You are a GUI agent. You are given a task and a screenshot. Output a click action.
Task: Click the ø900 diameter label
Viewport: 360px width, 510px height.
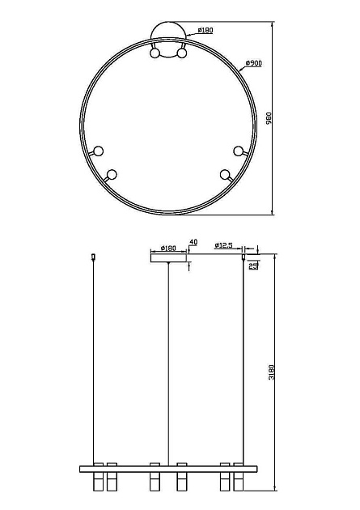click(x=252, y=63)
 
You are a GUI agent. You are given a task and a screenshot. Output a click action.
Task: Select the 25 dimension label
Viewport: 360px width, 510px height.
click(x=254, y=266)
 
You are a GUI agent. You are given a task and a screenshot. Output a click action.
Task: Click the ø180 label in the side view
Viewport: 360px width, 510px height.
click(x=168, y=249)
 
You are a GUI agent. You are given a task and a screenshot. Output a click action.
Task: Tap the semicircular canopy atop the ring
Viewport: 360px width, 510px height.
click(x=169, y=37)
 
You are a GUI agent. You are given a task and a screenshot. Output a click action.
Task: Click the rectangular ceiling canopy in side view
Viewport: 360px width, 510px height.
click(x=169, y=257)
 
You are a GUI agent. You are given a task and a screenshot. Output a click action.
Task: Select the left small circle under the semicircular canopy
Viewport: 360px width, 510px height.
click(x=155, y=54)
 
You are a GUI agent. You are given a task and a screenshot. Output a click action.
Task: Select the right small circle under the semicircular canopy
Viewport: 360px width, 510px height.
click(x=182, y=54)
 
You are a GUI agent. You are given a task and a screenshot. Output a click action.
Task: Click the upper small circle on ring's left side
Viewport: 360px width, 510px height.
click(x=99, y=150)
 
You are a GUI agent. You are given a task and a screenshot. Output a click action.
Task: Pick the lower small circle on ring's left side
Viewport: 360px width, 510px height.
click(x=112, y=173)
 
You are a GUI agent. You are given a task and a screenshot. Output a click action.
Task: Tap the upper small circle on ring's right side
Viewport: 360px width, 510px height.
click(x=238, y=150)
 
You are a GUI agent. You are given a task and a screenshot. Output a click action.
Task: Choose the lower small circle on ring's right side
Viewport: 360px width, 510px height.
click(x=224, y=173)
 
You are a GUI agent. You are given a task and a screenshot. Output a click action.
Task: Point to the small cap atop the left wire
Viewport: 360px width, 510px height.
click(x=94, y=257)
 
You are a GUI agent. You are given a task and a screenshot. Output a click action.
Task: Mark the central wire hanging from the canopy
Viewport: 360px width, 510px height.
click(x=169, y=364)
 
